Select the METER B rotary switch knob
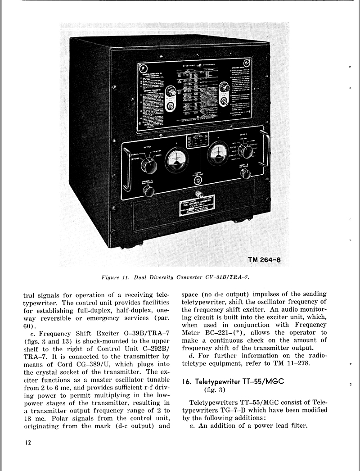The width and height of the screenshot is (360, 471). tap(246, 152)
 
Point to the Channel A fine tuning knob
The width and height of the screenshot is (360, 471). tap(146, 190)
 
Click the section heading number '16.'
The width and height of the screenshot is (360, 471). tap(187, 381)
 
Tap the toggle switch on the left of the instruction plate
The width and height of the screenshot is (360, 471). tap(170, 106)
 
